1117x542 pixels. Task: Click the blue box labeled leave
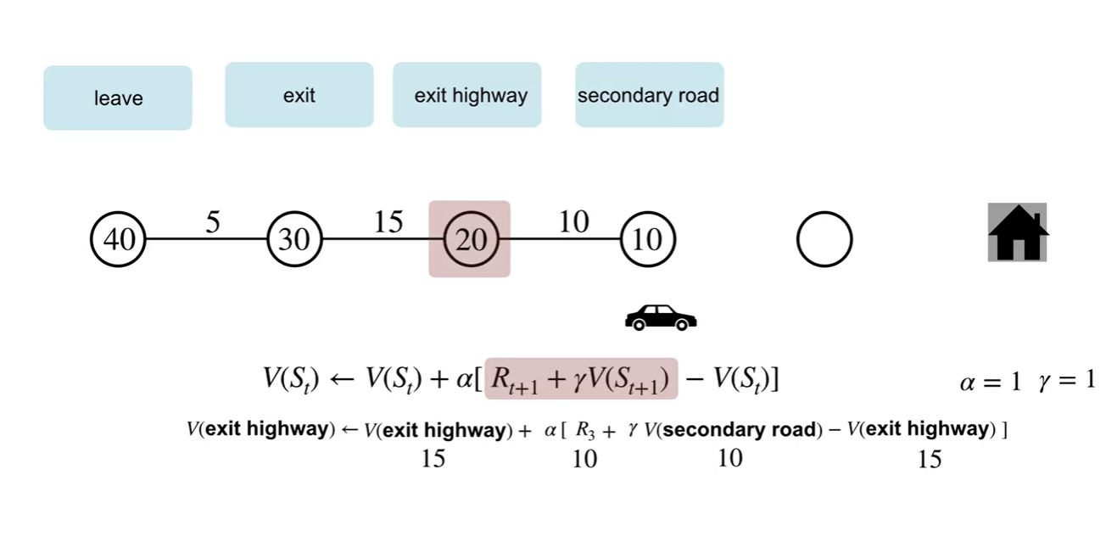118,98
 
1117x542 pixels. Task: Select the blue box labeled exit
299,95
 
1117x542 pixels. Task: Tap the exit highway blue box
466,95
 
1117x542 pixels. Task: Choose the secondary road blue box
649,95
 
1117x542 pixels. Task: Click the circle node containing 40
119,240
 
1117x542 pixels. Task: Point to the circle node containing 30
294,240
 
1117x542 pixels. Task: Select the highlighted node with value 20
470,240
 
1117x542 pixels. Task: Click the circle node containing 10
648,240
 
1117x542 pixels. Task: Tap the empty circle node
824,240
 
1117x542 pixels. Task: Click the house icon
1018,232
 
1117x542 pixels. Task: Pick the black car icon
661,317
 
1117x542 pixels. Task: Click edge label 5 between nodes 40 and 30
212,223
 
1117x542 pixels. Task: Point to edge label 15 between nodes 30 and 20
388,222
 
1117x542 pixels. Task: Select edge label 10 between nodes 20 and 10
573,222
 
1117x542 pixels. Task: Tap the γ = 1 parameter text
1066,381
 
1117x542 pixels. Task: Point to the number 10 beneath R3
584,459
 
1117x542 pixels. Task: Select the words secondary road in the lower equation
741,429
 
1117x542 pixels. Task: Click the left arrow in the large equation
340,379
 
